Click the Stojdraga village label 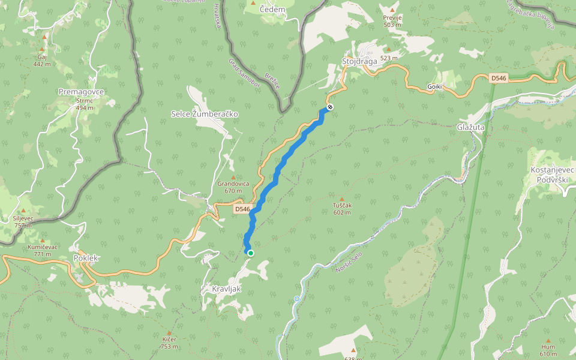coord(359,61)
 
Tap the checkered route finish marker coord(330,107)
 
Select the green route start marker coord(251,253)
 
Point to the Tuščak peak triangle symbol coord(343,199)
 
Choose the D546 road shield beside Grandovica coord(242,209)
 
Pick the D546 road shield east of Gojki coord(499,78)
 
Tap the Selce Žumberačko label coord(205,113)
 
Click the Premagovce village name coord(82,92)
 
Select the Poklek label coord(86,258)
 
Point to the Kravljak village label coord(226,289)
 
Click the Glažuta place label coord(470,127)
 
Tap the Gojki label coord(435,87)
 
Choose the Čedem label coord(272,10)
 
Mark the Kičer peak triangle coord(169,333)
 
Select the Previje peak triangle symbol coord(392,11)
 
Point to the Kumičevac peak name coord(43,247)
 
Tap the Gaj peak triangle coord(43,50)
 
